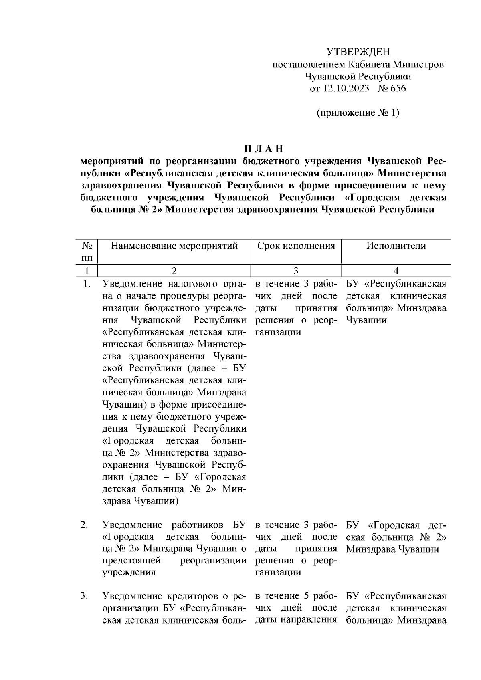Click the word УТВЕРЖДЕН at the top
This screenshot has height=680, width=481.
(x=358, y=52)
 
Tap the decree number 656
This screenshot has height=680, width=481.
(x=398, y=88)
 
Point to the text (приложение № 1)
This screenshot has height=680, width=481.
(x=358, y=113)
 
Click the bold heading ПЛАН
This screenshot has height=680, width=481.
(x=264, y=149)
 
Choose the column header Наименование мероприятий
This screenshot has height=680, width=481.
(x=174, y=246)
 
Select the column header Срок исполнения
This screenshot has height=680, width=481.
(x=296, y=246)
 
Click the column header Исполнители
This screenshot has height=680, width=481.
(x=396, y=246)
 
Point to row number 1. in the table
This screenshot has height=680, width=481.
(x=85, y=284)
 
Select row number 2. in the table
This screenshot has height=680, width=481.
(x=84, y=525)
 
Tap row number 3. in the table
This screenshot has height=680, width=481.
(x=84, y=596)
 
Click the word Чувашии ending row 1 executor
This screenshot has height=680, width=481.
(x=366, y=320)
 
